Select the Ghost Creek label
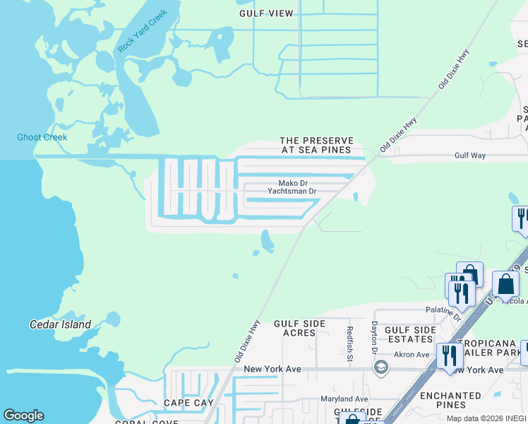[42, 137]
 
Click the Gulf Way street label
[471, 155]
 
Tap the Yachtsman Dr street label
[292, 191]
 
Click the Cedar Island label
[60, 324]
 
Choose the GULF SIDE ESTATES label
[410, 334]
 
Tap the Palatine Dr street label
[443, 309]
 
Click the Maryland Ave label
[344, 399]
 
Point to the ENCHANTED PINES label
[450, 400]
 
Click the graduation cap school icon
[381, 368]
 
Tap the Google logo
[23, 416]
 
